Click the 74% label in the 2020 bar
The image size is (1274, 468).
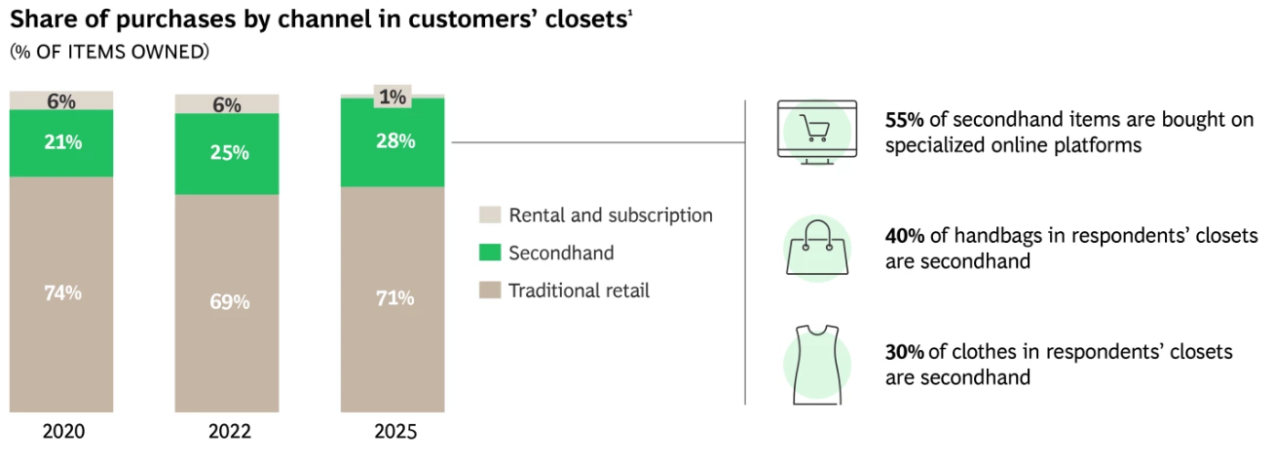[x=61, y=292]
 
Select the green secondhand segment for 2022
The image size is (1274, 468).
[x=226, y=153]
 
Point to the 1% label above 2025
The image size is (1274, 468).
[x=393, y=97]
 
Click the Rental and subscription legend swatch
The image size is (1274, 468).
[x=491, y=215]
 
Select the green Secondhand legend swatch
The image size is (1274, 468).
[x=491, y=253]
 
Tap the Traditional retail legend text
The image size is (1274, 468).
[x=579, y=291]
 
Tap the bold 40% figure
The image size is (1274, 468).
[x=904, y=237]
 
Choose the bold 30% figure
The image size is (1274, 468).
[x=904, y=352]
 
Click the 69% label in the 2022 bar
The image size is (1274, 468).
[x=229, y=302]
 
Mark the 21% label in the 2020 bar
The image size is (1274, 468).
[x=61, y=142]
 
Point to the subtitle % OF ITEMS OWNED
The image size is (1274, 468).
[x=109, y=52]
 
